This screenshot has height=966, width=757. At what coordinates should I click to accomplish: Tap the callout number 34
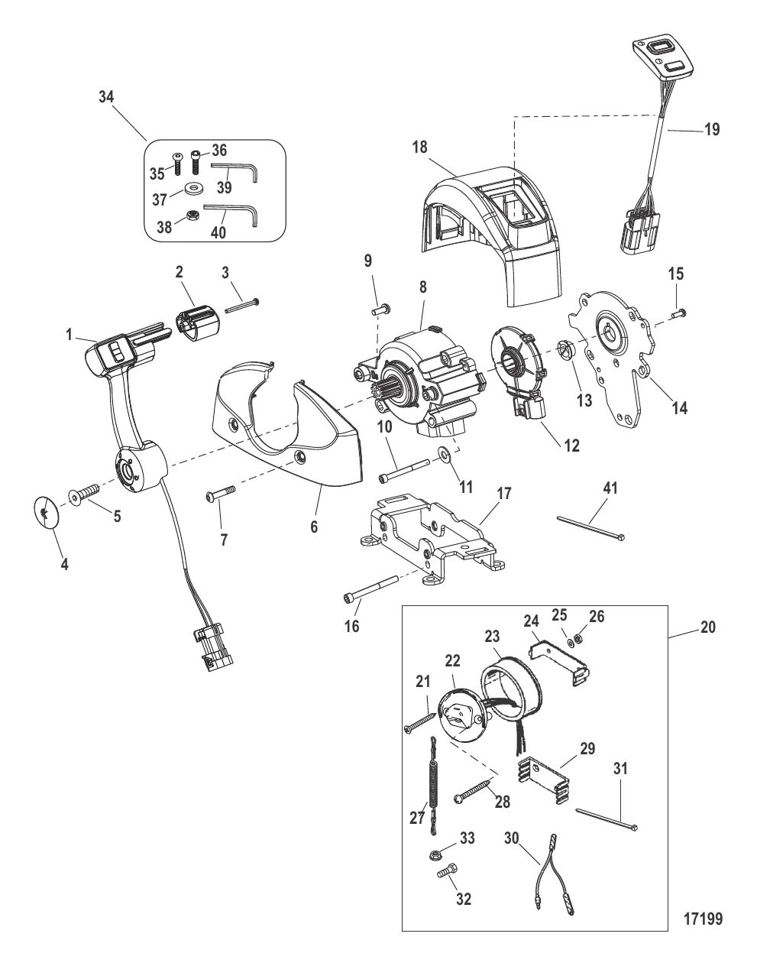(106, 96)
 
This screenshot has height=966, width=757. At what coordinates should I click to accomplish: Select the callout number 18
(420, 147)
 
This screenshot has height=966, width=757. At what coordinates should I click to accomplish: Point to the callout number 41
(611, 488)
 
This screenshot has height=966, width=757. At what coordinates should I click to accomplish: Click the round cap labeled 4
(47, 512)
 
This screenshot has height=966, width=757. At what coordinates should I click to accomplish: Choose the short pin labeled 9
(380, 309)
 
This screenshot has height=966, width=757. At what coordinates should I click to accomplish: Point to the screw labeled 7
(221, 494)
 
